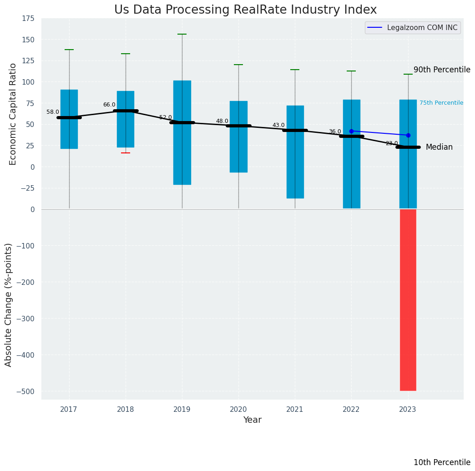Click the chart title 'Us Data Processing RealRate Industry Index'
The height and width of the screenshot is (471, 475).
[245, 10]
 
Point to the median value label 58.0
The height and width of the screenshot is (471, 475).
[53, 112]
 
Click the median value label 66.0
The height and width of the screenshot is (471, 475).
[109, 105]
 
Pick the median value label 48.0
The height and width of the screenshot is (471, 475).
[222, 121]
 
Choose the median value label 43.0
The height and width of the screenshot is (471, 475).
[278, 125]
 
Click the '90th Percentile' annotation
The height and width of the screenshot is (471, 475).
[442, 70]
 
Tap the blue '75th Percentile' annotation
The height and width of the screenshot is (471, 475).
[441, 103]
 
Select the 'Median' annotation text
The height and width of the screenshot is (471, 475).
[439, 147]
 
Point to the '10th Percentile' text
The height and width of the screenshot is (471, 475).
[442, 462]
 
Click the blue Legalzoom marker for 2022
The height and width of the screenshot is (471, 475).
[351, 131]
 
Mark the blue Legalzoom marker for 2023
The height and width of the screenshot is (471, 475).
[408, 135]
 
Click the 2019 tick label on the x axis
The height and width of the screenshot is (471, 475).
[182, 410]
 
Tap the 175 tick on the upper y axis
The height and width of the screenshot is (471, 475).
[28, 19]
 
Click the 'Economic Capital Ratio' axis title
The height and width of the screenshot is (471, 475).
[13, 114]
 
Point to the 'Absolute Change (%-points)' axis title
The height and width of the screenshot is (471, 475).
[9, 304]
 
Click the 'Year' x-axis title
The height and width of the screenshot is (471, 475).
[252, 420]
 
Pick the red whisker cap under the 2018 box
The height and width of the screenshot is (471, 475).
[126, 153]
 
